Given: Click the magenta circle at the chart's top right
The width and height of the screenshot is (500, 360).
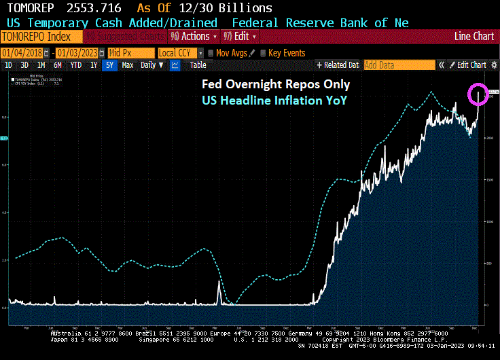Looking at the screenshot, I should (478, 94).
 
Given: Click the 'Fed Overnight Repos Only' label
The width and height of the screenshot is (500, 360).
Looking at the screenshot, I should (276, 85).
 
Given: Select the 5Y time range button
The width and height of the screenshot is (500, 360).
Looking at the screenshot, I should (109, 65).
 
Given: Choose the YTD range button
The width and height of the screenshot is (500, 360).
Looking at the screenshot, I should (76, 65).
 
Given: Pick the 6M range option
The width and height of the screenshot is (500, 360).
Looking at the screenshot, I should (58, 65).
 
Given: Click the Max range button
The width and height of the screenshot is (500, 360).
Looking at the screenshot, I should (127, 65).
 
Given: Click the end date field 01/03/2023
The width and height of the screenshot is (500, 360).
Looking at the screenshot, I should (77, 52).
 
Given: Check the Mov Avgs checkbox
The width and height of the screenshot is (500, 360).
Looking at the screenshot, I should (211, 52).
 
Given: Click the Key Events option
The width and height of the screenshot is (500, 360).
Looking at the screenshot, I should (286, 52).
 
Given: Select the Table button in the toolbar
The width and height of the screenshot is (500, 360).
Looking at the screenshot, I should (198, 65).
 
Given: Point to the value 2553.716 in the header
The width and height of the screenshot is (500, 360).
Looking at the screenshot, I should (96, 8).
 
